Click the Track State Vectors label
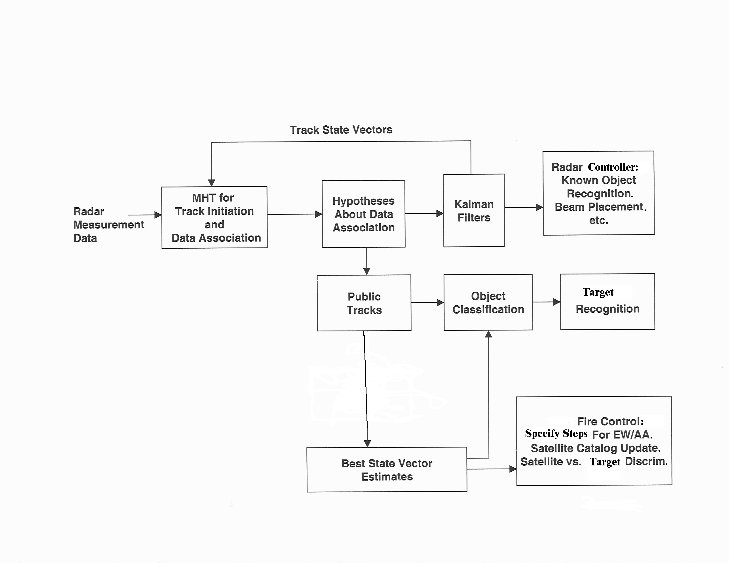(341, 130)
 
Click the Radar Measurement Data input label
(108, 225)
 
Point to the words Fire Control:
(610, 421)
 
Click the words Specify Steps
(556, 433)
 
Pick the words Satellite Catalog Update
(596, 448)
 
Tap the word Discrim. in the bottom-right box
(646, 461)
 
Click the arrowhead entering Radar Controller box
(539, 207)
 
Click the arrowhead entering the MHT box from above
(211, 183)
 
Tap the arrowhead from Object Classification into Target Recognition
(556, 302)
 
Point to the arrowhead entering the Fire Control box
(513, 469)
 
